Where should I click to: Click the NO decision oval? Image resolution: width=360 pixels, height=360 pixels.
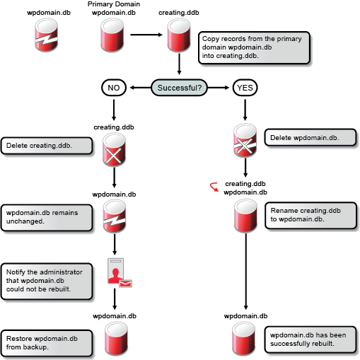click(114, 88)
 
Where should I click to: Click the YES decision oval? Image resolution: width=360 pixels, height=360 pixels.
click(245, 88)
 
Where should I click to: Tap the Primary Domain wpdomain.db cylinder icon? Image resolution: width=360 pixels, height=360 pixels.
click(114, 34)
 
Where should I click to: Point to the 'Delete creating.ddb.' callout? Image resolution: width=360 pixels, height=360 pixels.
click(47, 146)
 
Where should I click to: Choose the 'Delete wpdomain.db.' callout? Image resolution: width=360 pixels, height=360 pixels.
click(303, 137)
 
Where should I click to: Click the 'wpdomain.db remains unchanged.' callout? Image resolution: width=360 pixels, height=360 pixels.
click(46, 216)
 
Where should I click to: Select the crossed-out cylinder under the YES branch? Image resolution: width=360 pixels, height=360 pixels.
click(245, 140)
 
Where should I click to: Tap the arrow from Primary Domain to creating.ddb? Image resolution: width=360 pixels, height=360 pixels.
click(147, 33)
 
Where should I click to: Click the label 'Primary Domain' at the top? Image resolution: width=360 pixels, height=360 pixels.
click(114, 5)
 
